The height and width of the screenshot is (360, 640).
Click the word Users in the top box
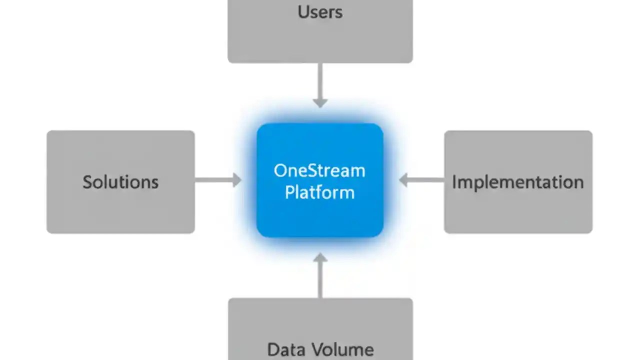(x=320, y=12)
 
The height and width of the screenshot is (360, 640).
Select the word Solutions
(x=120, y=182)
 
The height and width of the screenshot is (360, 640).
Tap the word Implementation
(x=517, y=182)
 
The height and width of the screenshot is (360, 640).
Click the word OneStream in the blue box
(x=319, y=171)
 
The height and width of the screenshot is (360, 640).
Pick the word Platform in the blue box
(x=319, y=193)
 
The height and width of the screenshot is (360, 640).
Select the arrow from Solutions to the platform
(x=215, y=179)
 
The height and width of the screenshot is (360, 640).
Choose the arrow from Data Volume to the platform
(x=320, y=277)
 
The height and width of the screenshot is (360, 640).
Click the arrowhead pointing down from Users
(x=320, y=102)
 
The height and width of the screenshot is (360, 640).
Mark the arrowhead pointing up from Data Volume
(x=320, y=258)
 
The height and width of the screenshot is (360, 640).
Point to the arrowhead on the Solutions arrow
(x=236, y=179)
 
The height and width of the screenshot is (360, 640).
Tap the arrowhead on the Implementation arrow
(x=404, y=179)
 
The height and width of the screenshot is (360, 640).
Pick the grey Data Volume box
(x=320, y=320)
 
